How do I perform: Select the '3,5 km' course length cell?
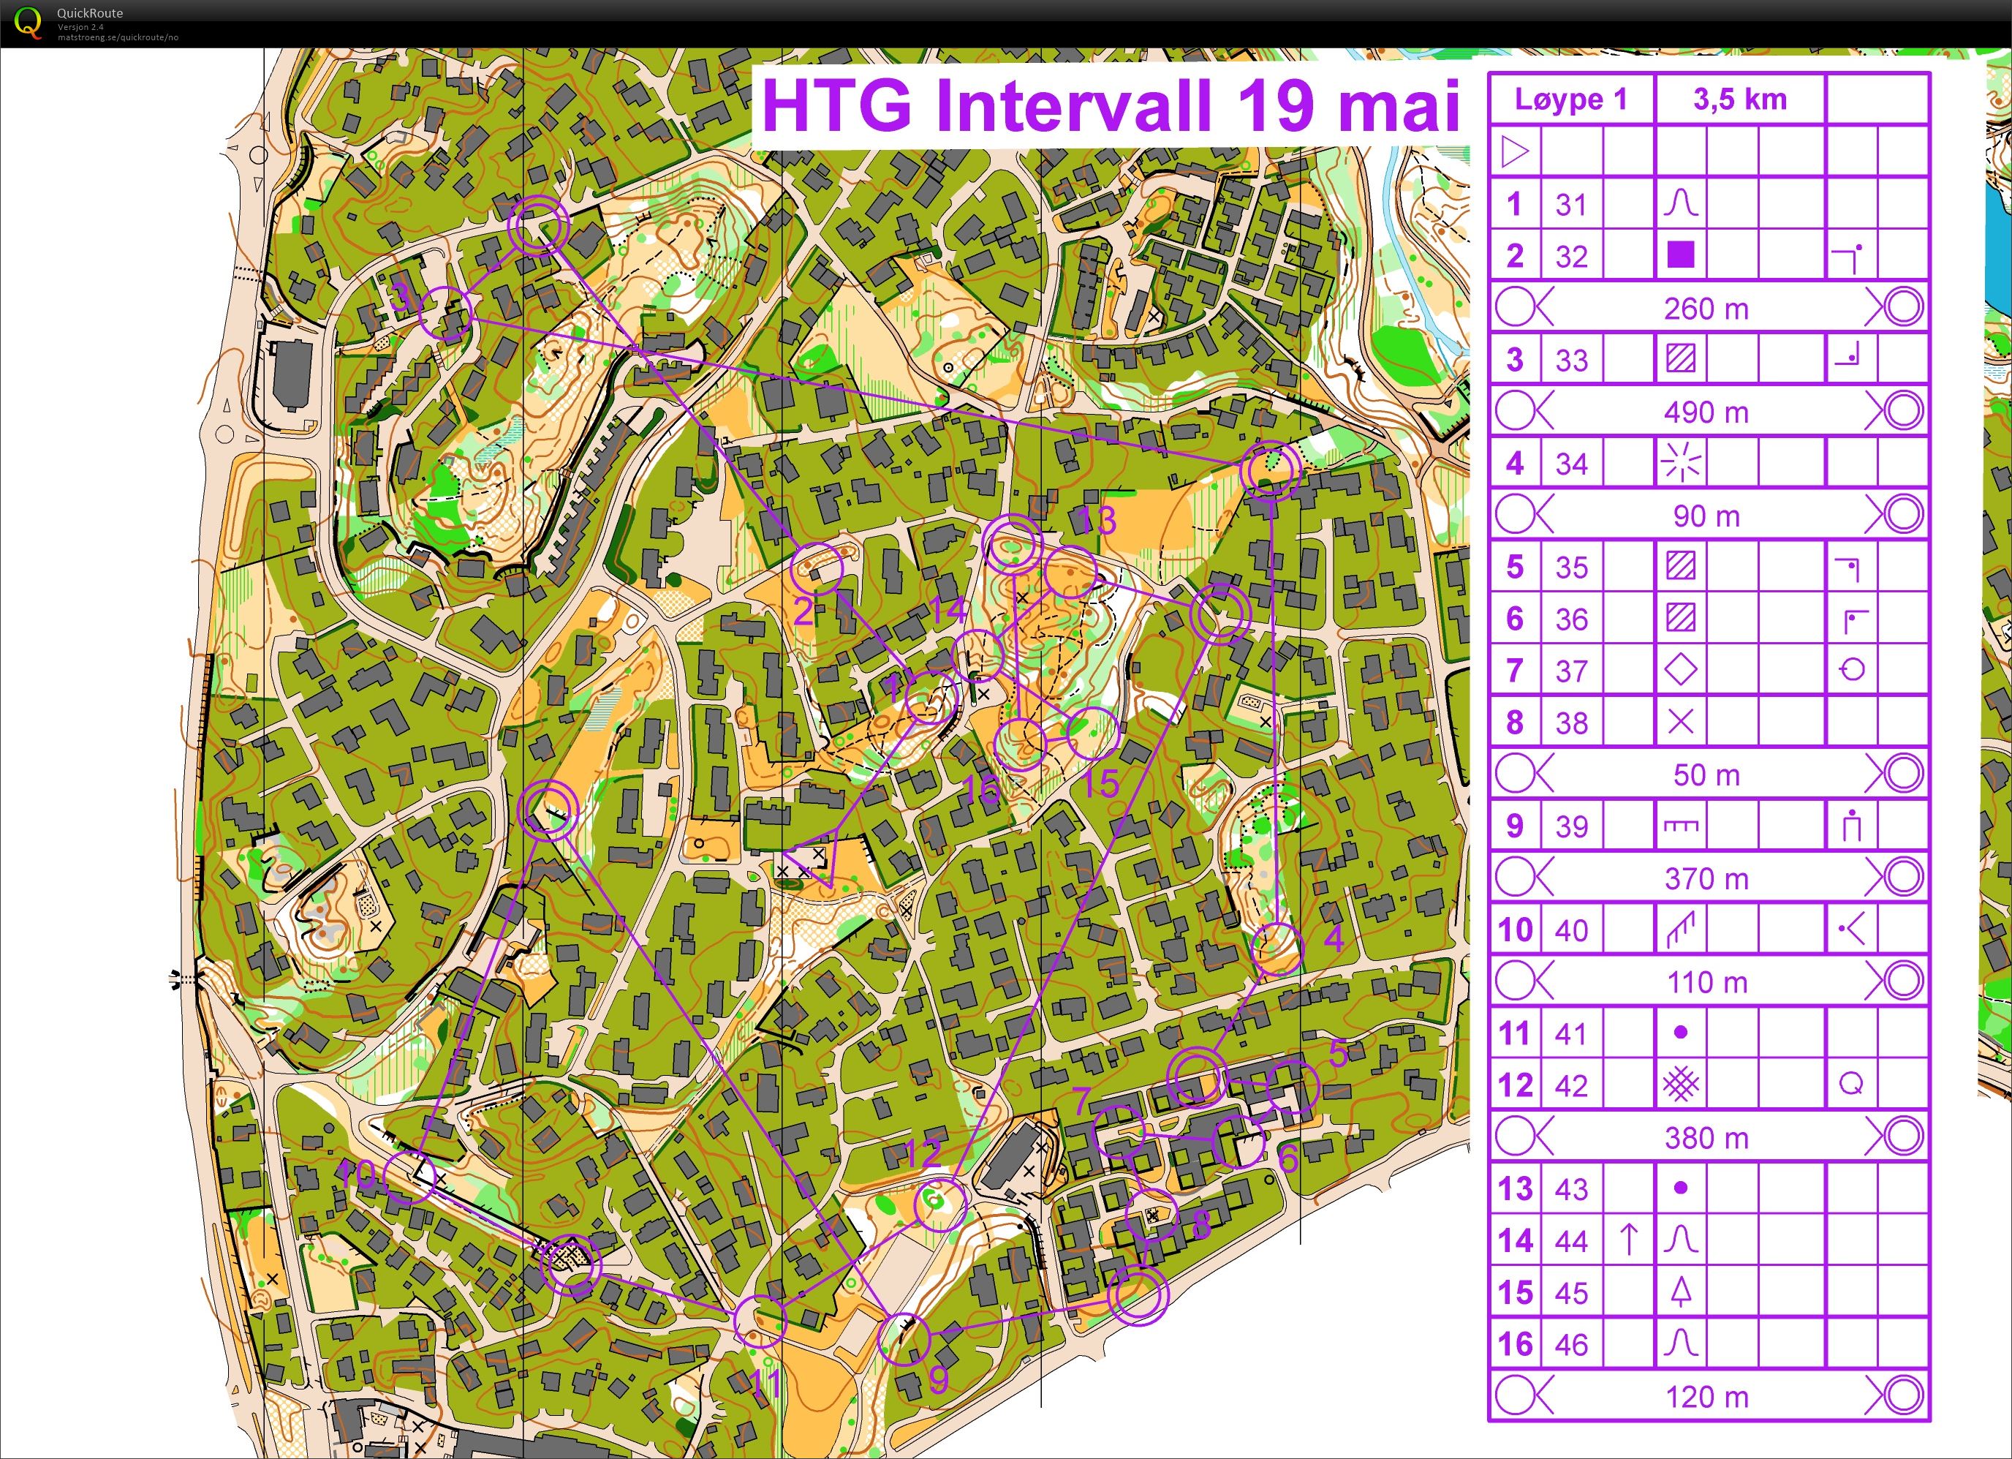pos(1739,99)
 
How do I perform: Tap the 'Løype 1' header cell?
pos(1571,99)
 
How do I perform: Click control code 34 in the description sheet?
pos(1571,463)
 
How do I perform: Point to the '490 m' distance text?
pos(1706,412)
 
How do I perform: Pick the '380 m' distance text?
pos(1706,1138)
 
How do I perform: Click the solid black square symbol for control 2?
pos(1680,255)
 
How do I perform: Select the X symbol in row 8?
pos(1680,723)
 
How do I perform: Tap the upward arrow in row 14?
pos(1629,1240)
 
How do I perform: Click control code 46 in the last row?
pos(1571,1344)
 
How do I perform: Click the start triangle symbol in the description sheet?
pos(1515,152)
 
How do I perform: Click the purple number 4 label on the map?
pos(1334,938)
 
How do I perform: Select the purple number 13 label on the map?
pos(1098,520)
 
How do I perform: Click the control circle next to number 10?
pos(411,1177)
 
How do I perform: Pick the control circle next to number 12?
pos(939,1204)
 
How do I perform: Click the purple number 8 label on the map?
pos(1201,1226)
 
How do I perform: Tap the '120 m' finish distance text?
pos(1706,1397)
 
